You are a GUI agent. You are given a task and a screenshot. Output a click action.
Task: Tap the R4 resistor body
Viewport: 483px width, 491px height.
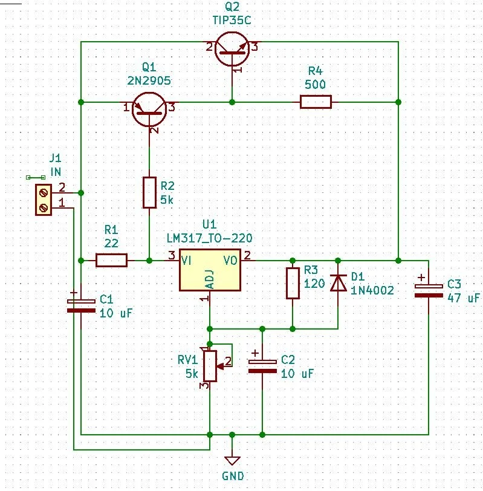[x=316, y=102]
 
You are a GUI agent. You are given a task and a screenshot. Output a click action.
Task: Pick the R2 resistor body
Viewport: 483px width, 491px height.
[x=150, y=192]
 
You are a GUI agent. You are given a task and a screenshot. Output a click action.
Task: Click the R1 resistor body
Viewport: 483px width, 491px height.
[x=111, y=261]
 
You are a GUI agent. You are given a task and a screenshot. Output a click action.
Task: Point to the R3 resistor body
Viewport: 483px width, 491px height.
[x=293, y=283]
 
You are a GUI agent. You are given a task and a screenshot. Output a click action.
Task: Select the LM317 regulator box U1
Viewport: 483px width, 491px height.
[x=209, y=270]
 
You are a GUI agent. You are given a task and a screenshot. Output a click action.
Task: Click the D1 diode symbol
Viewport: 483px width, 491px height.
[x=337, y=283]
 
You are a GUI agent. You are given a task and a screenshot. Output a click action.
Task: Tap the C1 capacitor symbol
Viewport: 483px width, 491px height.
[x=80, y=305]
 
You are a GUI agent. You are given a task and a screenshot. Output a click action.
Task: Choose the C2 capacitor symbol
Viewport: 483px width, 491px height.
[x=262, y=365]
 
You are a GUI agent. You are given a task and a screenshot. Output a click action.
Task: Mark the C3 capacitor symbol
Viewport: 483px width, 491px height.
[x=428, y=289]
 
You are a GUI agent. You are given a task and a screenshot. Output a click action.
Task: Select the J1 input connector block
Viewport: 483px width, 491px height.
[x=44, y=200]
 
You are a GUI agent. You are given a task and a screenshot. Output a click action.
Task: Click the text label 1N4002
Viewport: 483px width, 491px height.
[x=372, y=291]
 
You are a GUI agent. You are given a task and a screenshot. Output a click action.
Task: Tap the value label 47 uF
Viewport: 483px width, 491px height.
[x=463, y=298]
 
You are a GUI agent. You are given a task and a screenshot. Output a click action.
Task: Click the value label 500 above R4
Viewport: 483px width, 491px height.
[x=316, y=84]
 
